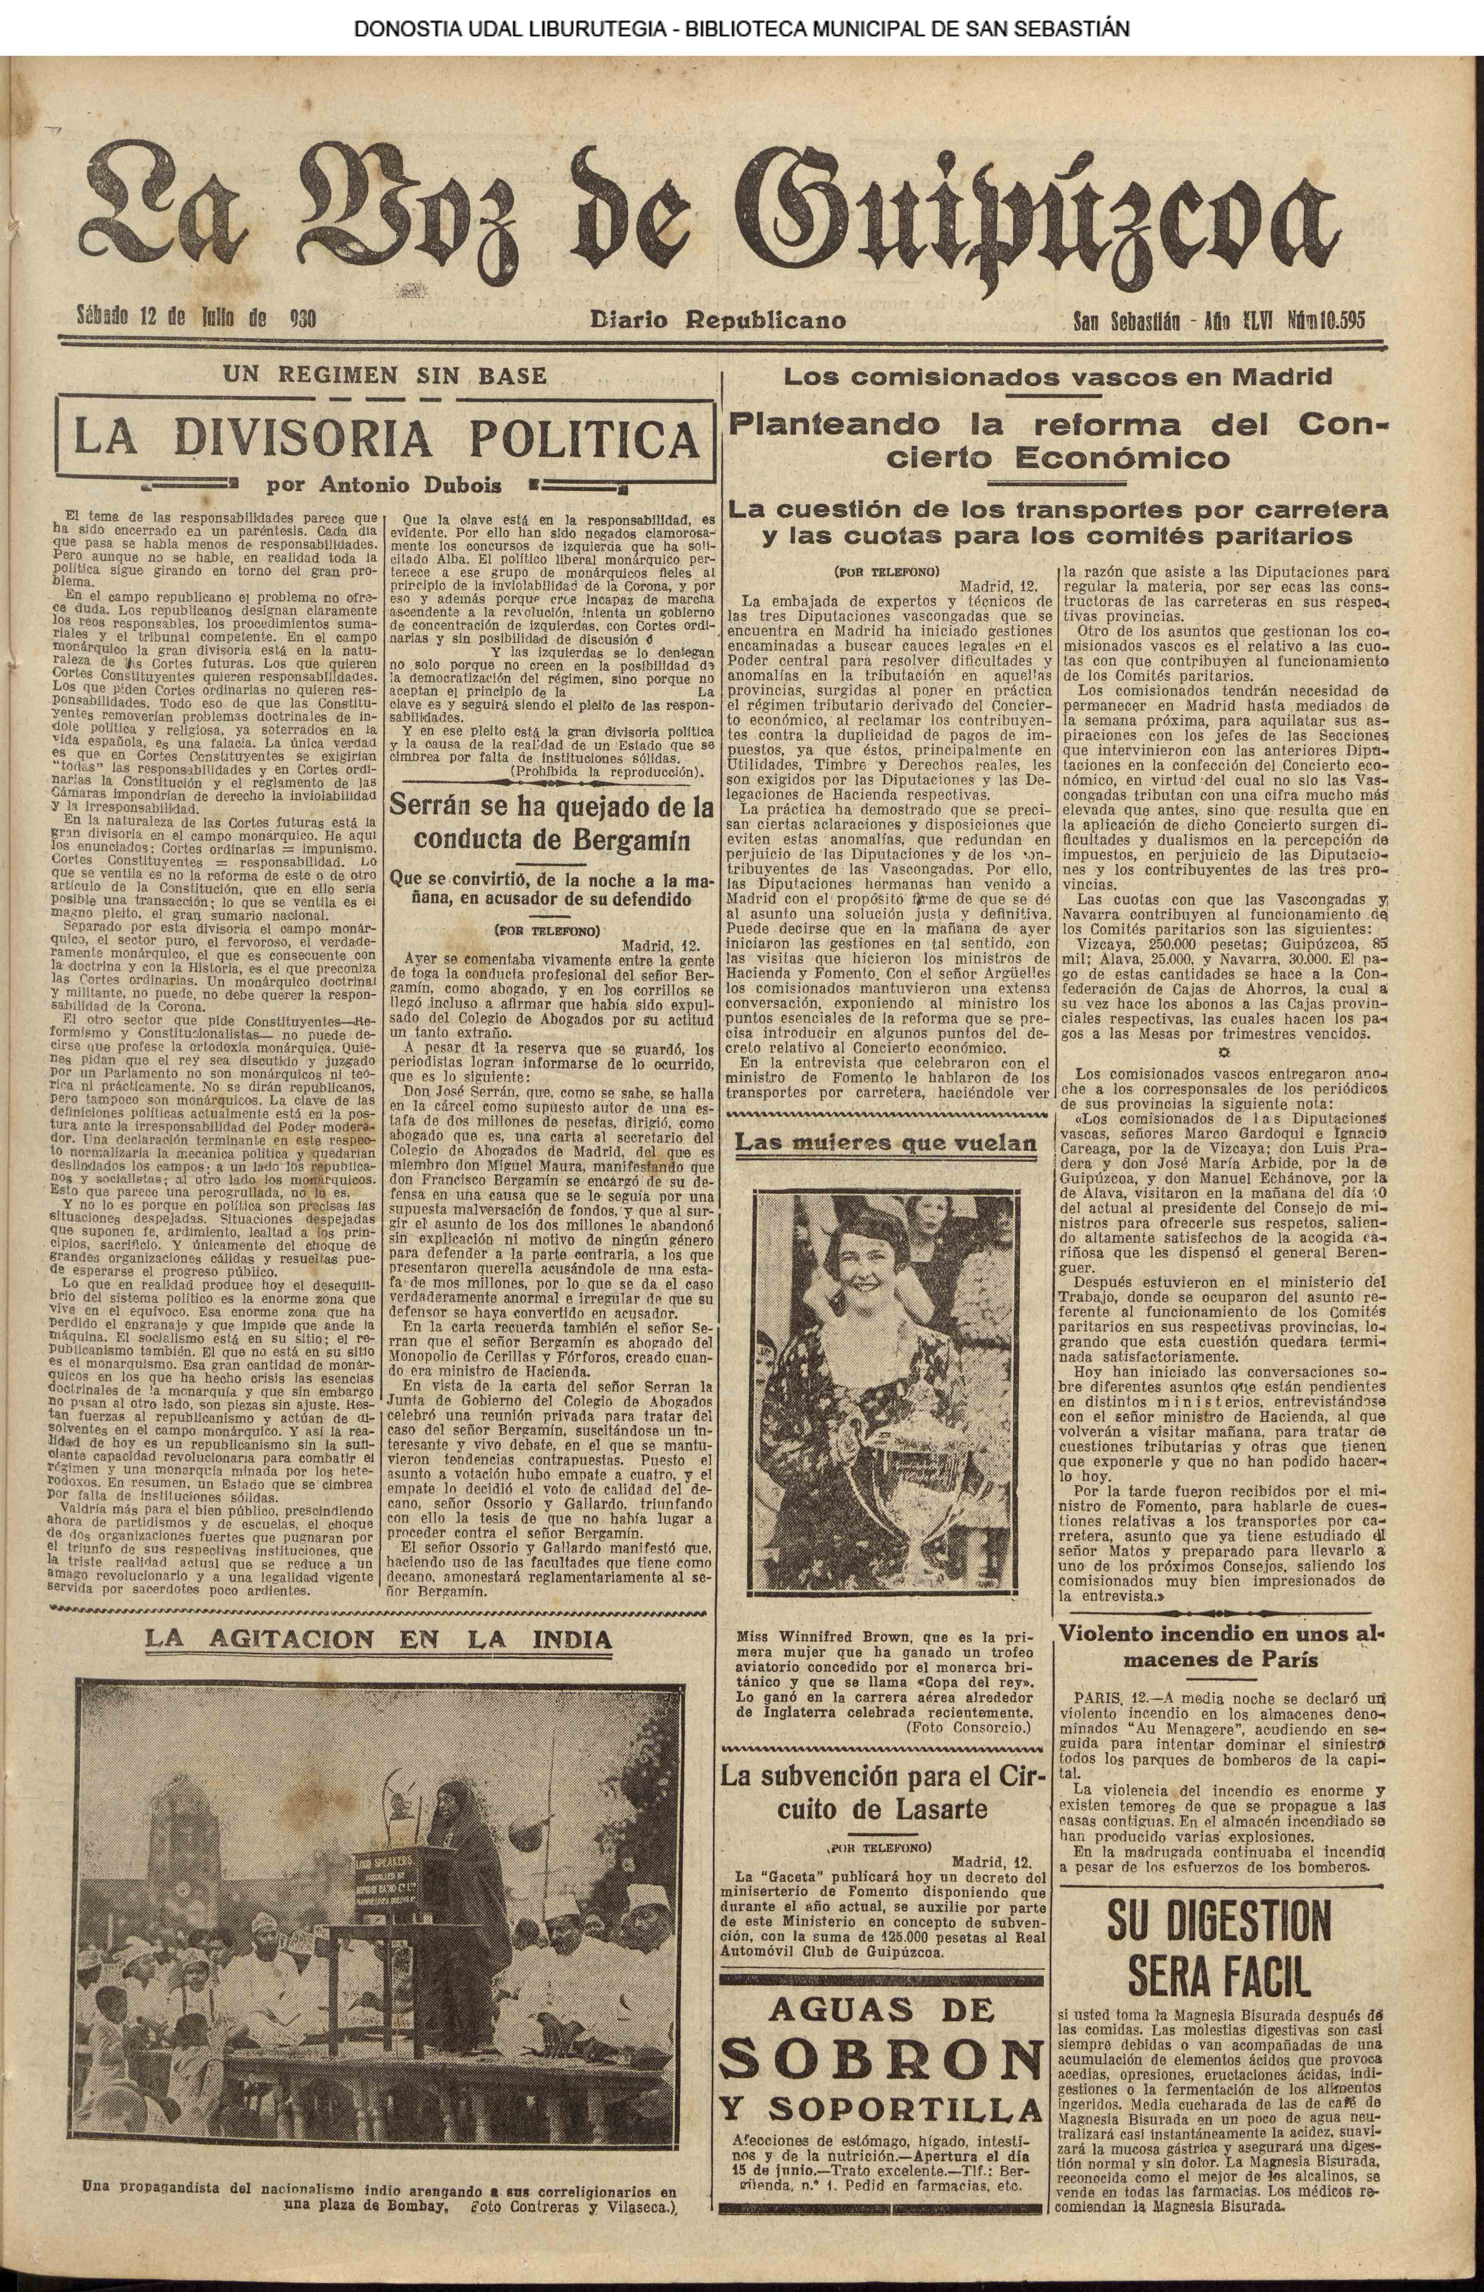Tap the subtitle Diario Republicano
(x=718, y=320)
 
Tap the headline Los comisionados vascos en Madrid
(x=1058, y=376)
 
